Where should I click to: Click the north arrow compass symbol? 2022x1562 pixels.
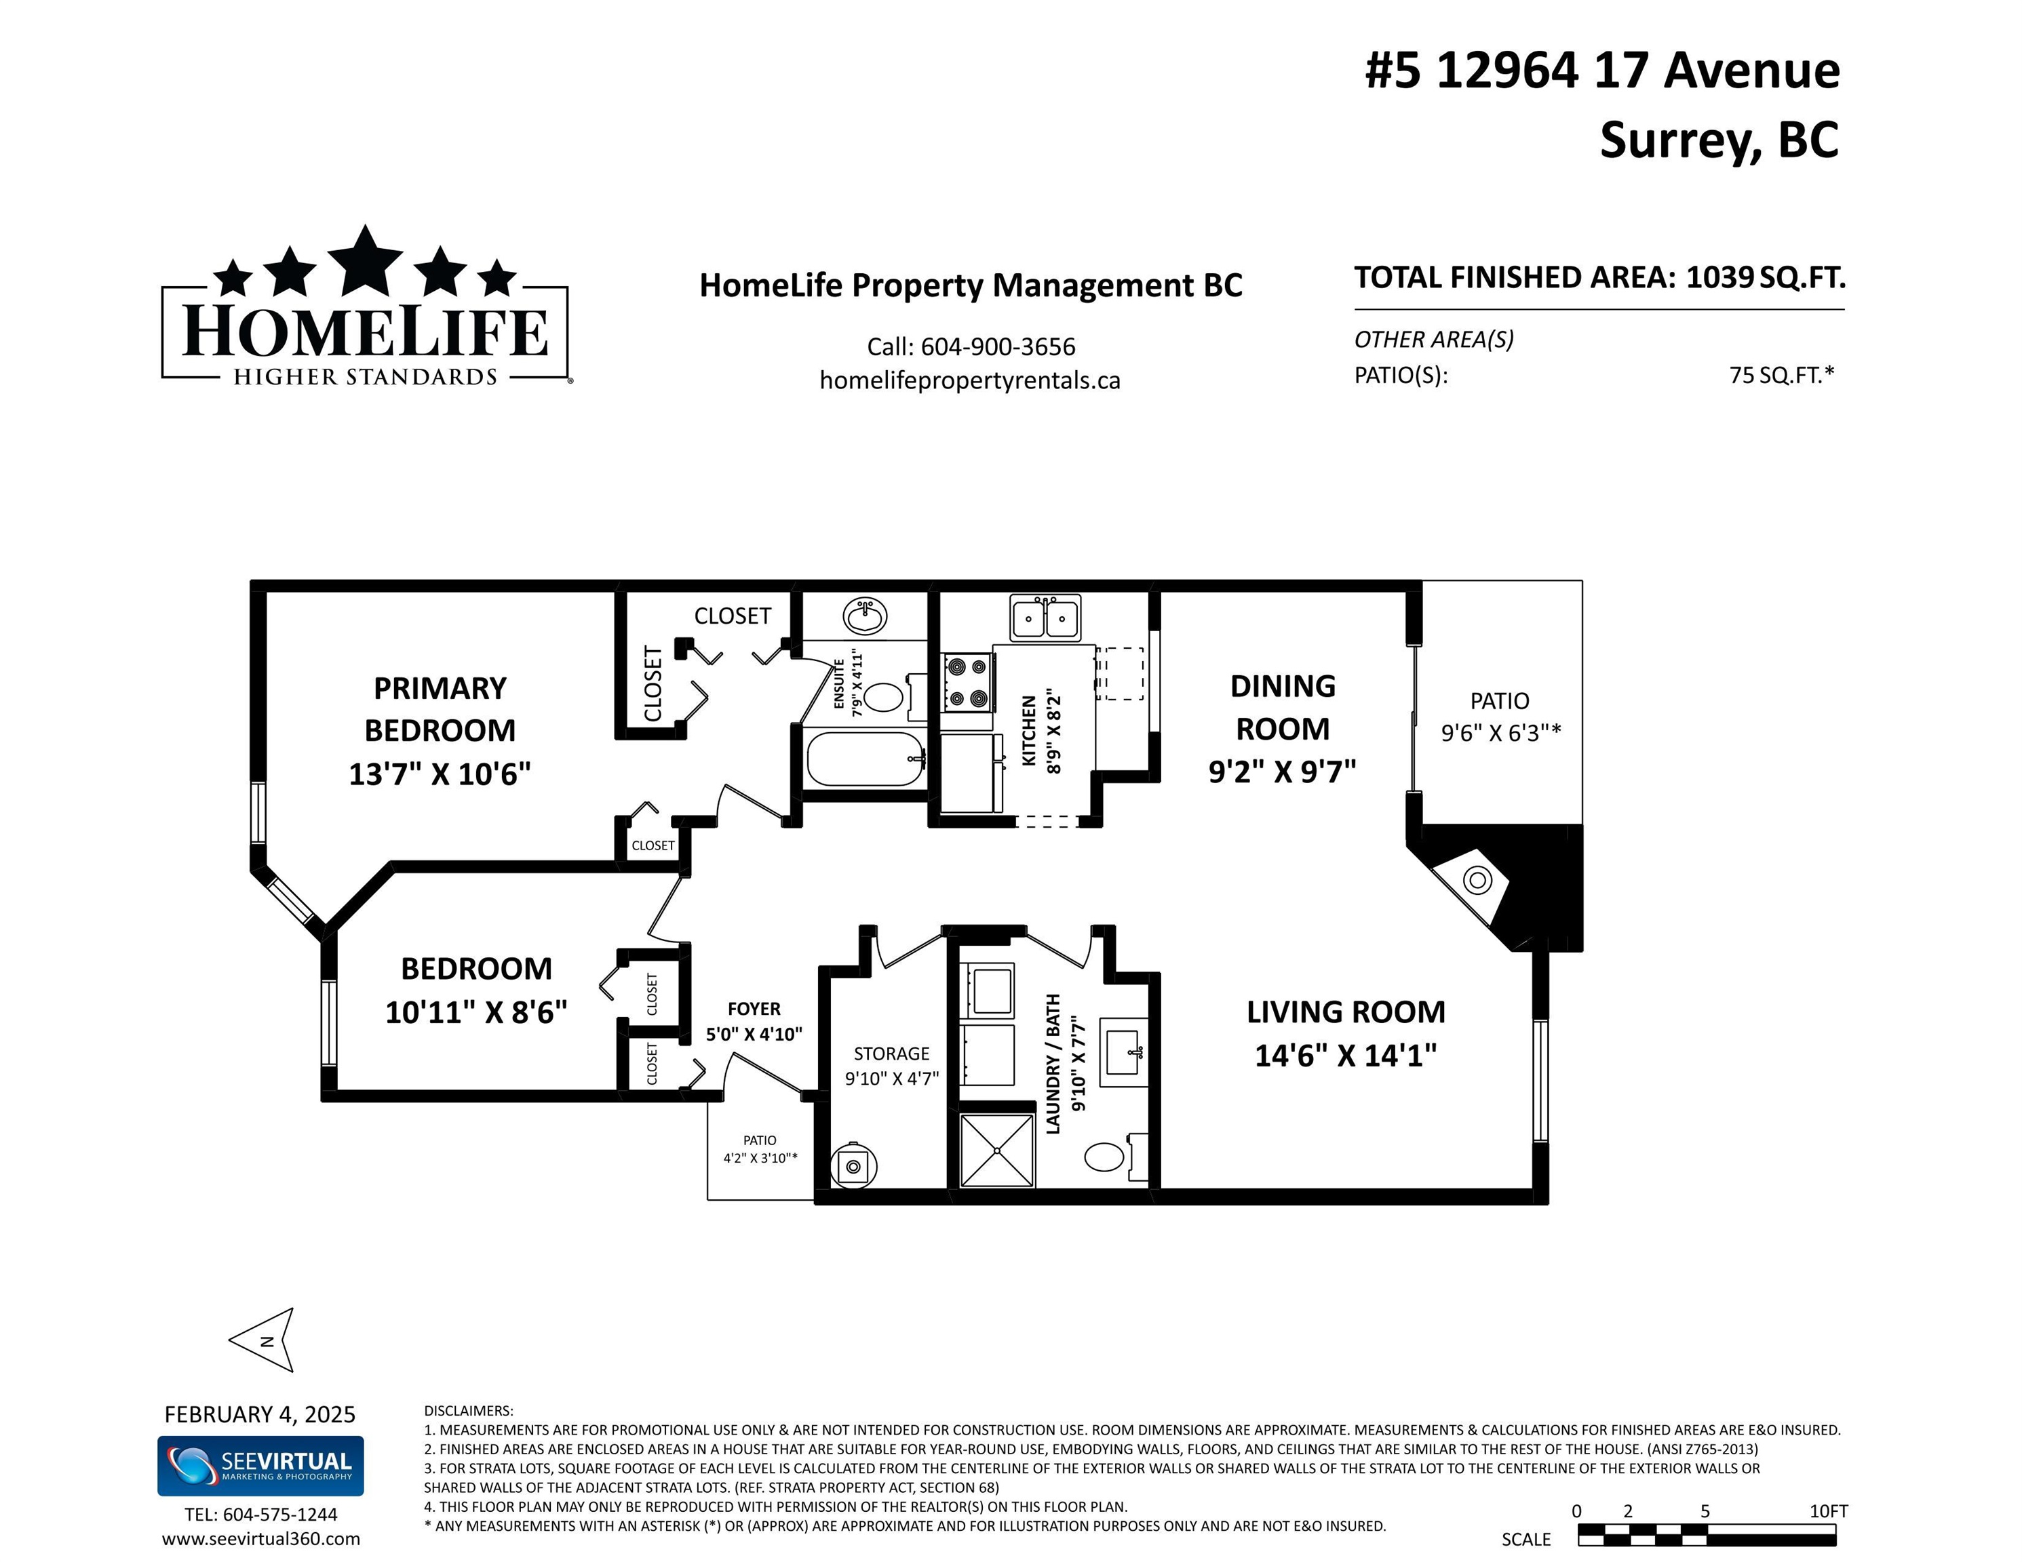pos(264,1339)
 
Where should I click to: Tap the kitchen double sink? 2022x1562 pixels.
pos(1045,618)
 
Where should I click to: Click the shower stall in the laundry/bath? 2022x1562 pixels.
pos(996,1150)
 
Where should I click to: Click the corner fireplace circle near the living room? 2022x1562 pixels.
pos(1477,880)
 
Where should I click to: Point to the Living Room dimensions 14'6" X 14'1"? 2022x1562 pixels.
pos(1345,1055)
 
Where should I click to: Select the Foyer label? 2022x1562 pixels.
pos(754,1009)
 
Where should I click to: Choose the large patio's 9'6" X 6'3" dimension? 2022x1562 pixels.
pos(1501,732)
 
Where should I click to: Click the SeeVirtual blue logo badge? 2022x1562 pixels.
pos(260,1466)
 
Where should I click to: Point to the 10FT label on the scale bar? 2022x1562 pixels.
pos(1829,1511)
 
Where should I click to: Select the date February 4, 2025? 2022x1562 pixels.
pos(260,1414)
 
